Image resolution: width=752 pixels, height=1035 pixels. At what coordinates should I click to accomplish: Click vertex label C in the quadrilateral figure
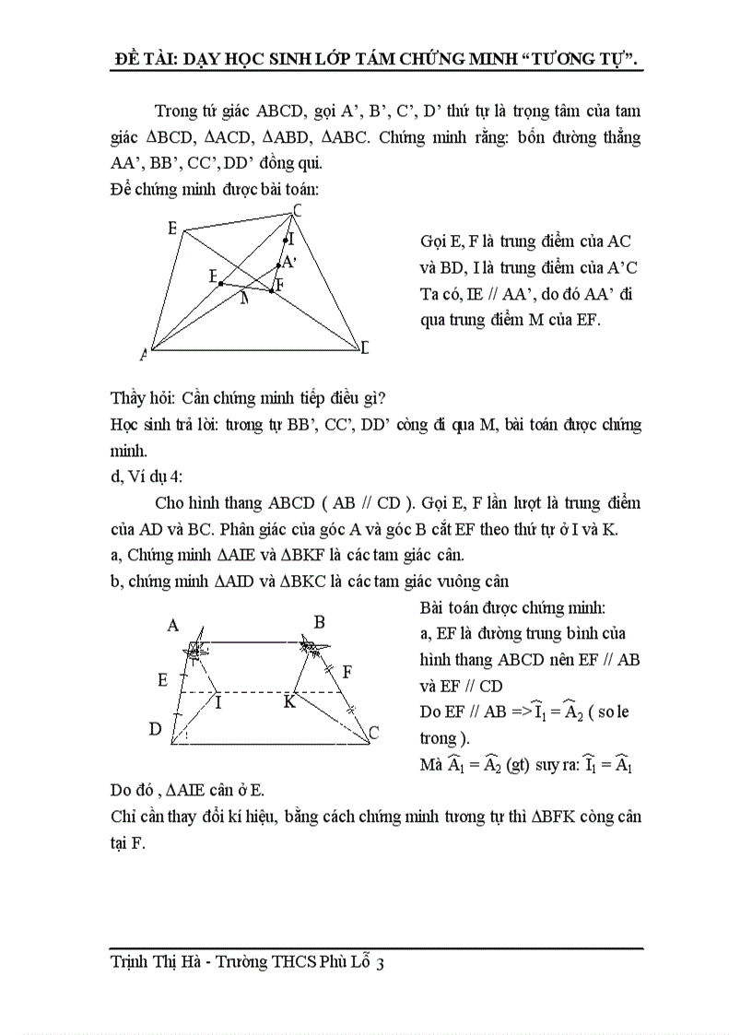[298, 211]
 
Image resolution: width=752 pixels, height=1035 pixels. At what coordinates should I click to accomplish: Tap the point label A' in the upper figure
[288, 262]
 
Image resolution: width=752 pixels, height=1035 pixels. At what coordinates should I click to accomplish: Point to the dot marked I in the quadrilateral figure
[285, 240]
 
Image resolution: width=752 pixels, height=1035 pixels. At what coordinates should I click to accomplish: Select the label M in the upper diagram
[244, 298]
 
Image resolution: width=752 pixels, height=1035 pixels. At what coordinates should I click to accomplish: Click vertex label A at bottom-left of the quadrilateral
[144, 354]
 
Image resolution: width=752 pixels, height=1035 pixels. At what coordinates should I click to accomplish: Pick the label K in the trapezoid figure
[288, 701]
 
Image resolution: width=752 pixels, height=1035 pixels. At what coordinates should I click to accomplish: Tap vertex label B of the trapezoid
[319, 622]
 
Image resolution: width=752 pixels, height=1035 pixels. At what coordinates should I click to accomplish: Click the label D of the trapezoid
[155, 729]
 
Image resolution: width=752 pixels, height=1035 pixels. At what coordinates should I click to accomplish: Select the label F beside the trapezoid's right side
[346, 671]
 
